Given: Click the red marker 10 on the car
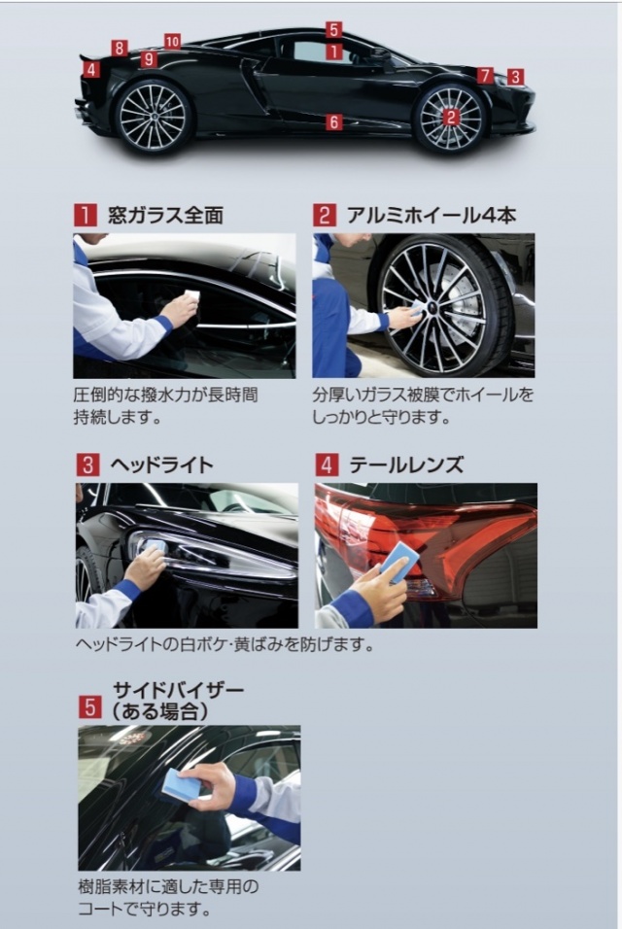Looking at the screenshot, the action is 172,41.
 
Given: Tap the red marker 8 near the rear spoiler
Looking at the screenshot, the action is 120,48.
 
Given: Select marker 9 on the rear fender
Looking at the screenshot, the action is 149,59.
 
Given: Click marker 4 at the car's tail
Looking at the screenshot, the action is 90,69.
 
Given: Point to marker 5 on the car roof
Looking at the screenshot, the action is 333,29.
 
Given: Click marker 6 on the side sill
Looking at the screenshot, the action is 334,122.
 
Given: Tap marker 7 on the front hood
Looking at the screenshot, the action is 485,75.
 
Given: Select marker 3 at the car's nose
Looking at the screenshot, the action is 515,77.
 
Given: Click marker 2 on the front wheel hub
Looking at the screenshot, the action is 451,117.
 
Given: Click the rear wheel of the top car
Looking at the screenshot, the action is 154,117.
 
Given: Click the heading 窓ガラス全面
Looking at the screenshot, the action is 165,215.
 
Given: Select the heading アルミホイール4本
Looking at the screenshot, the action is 431,215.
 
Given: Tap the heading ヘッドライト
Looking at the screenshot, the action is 161,464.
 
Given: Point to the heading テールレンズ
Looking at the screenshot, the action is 406,464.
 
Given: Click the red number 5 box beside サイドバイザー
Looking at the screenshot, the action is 90,706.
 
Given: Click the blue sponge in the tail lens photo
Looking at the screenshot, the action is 398,561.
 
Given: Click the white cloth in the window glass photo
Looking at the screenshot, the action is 192,295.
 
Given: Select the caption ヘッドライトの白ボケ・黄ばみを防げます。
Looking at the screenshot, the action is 225,644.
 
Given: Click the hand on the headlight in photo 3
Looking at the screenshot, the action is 145,565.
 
